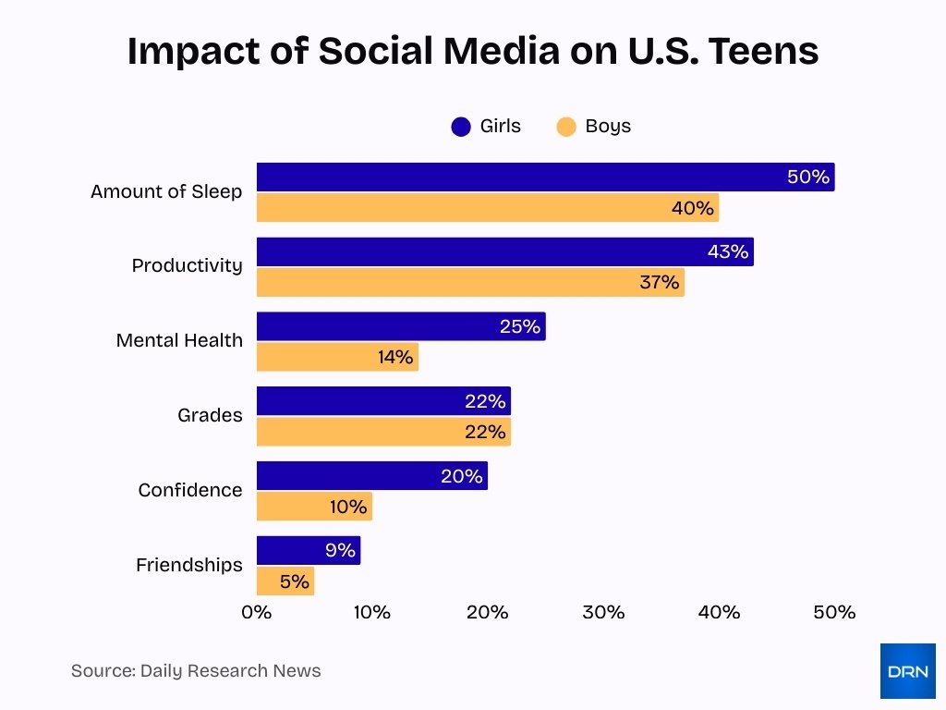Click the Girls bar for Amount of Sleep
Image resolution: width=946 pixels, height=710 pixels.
click(x=545, y=177)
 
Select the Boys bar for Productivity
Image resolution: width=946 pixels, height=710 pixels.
click(x=469, y=282)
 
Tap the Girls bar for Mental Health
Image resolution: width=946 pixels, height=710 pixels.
click(x=400, y=326)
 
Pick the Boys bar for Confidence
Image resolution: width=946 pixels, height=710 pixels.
click(x=313, y=507)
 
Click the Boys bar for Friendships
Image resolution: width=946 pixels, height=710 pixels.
click(x=285, y=581)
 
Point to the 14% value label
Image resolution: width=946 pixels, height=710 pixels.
click(x=395, y=357)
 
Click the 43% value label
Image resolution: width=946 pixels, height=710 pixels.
click(x=727, y=251)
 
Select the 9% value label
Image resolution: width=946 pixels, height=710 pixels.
click(x=340, y=551)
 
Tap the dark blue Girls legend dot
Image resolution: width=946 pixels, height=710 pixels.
click(x=461, y=127)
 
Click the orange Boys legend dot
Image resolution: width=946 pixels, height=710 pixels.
click(x=566, y=127)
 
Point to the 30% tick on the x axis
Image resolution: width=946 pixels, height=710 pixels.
click(x=603, y=612)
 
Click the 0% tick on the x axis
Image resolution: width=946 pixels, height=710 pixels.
click(x=257, y=612)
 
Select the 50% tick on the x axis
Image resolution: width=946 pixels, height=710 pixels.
click(x=834, y=612)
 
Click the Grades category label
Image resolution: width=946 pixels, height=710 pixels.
click(x=210, y=415)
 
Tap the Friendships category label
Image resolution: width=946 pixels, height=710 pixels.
click(x=188, y=565)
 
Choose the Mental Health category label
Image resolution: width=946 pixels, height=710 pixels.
click(x=179, y=340)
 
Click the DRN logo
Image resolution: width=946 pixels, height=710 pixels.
click(x=907, y=671)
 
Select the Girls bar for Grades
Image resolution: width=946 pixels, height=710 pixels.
click(x=382, y=401)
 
